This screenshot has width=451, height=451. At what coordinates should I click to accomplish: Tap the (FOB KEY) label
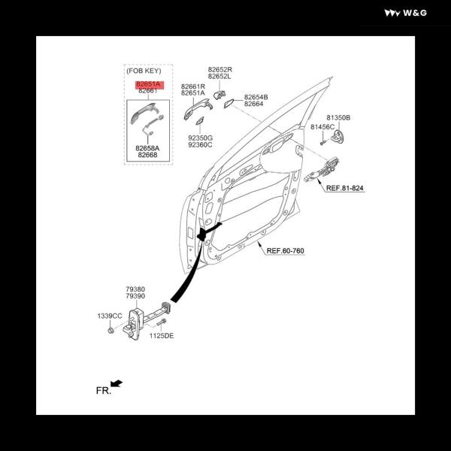144,71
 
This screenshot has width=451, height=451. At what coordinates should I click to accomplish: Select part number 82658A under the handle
147,148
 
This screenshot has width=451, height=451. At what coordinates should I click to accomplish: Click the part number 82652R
220,70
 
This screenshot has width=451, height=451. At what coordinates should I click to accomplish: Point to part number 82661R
193,86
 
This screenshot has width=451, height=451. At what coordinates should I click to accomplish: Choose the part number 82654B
256,97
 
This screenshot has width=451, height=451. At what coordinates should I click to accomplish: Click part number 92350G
201,138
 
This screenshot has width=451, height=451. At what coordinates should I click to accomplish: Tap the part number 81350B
338,118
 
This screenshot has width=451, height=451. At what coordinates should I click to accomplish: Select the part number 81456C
322,127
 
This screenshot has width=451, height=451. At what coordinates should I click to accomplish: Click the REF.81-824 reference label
344,188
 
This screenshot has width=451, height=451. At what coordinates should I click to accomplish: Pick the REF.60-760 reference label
285,250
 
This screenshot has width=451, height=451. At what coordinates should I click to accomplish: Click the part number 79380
135,289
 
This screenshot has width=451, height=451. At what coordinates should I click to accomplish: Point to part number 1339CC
110,316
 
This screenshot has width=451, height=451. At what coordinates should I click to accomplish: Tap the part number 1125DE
162,336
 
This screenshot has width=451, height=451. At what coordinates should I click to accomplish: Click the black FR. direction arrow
117,383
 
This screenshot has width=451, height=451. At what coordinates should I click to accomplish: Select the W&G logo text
415,13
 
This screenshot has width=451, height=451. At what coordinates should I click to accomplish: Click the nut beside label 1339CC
110,331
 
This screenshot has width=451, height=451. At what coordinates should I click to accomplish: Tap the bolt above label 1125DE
162,322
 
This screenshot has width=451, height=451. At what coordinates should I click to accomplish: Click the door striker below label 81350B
337,136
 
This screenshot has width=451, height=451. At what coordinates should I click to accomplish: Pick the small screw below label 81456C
323,142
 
